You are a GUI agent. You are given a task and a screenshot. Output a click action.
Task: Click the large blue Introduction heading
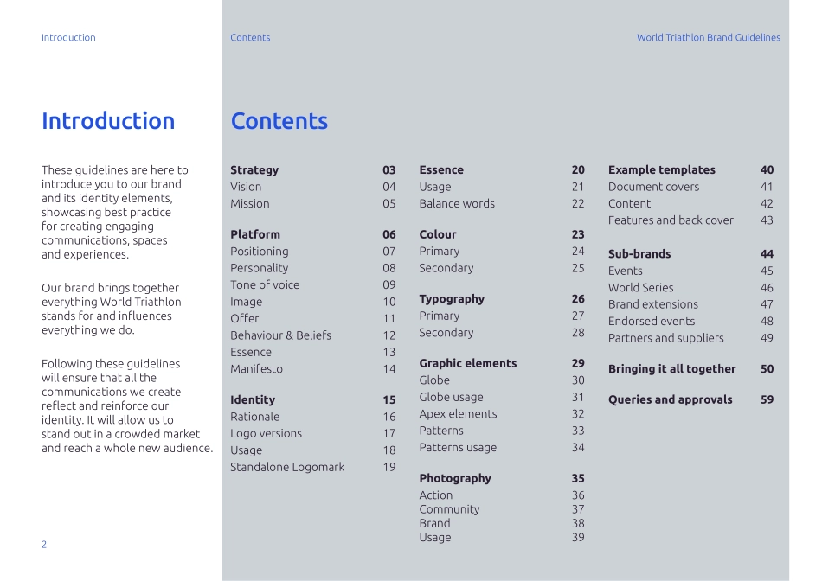point(108,121)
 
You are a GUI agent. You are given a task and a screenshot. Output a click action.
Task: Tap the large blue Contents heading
point(279,121)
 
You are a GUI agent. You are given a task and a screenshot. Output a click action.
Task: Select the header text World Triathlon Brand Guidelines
point(708,38)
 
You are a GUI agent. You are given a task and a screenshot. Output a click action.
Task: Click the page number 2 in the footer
point(44,544)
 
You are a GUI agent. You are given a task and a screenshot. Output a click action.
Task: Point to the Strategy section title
point(254,170)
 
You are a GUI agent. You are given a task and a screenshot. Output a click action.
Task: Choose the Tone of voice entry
point(265,284)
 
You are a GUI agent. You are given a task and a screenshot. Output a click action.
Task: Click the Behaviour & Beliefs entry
point(280,335)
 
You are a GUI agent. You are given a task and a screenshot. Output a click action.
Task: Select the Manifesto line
point(256,369)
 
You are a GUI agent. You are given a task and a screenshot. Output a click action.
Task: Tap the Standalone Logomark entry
point(287,467)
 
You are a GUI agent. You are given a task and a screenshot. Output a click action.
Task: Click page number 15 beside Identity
point(389,400)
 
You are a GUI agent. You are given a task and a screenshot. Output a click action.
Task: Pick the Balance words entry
point(457,204)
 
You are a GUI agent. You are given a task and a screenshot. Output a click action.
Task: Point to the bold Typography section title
point(452,299)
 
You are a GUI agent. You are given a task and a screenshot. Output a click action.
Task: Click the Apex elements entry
point(458,414)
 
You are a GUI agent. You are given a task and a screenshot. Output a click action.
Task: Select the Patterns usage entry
point(458,448)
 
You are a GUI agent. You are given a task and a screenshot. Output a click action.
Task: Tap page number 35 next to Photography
point(578,478)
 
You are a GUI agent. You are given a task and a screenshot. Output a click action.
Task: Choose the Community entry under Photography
point(449,509)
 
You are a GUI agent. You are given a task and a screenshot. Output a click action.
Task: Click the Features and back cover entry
point(671,220)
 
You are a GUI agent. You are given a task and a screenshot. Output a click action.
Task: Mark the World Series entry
point(640,288)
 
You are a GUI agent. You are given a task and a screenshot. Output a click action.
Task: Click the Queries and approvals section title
point(670,399)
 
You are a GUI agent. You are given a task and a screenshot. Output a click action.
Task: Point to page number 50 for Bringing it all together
point(767,369)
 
